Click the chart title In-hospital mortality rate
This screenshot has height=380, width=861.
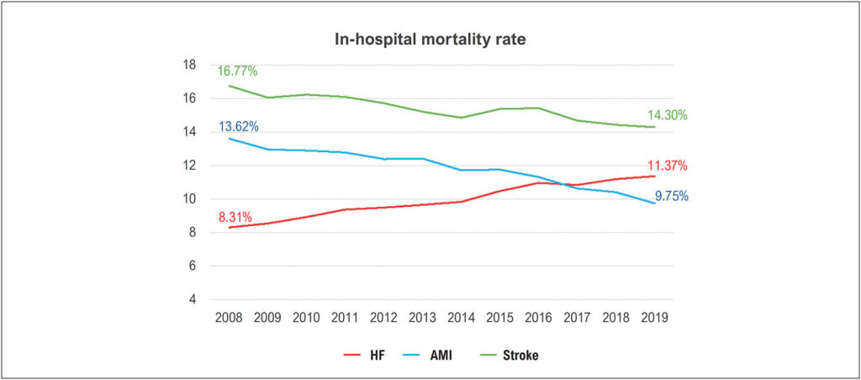[x=430, y=40]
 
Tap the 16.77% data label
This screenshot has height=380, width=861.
[x=237, y=71]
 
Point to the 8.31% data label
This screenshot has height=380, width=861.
[x=235, y=216]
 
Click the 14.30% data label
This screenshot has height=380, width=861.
[x=667, y=115]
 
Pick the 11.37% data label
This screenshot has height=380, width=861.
[x=667, y=166]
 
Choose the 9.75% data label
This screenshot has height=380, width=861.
[x=670, y=196]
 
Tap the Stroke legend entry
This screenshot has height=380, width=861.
[x=504, y=356]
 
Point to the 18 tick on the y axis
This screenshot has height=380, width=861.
[x=189, y=66]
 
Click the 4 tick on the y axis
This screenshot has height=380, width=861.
[x=193, y=300]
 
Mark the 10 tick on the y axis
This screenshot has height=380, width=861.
[x=189, y=199]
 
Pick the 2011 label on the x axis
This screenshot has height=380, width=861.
[x=345, y=319]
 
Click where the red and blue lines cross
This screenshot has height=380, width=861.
[x=561, y=184]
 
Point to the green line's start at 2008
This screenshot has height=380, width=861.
[x=229, y=86]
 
